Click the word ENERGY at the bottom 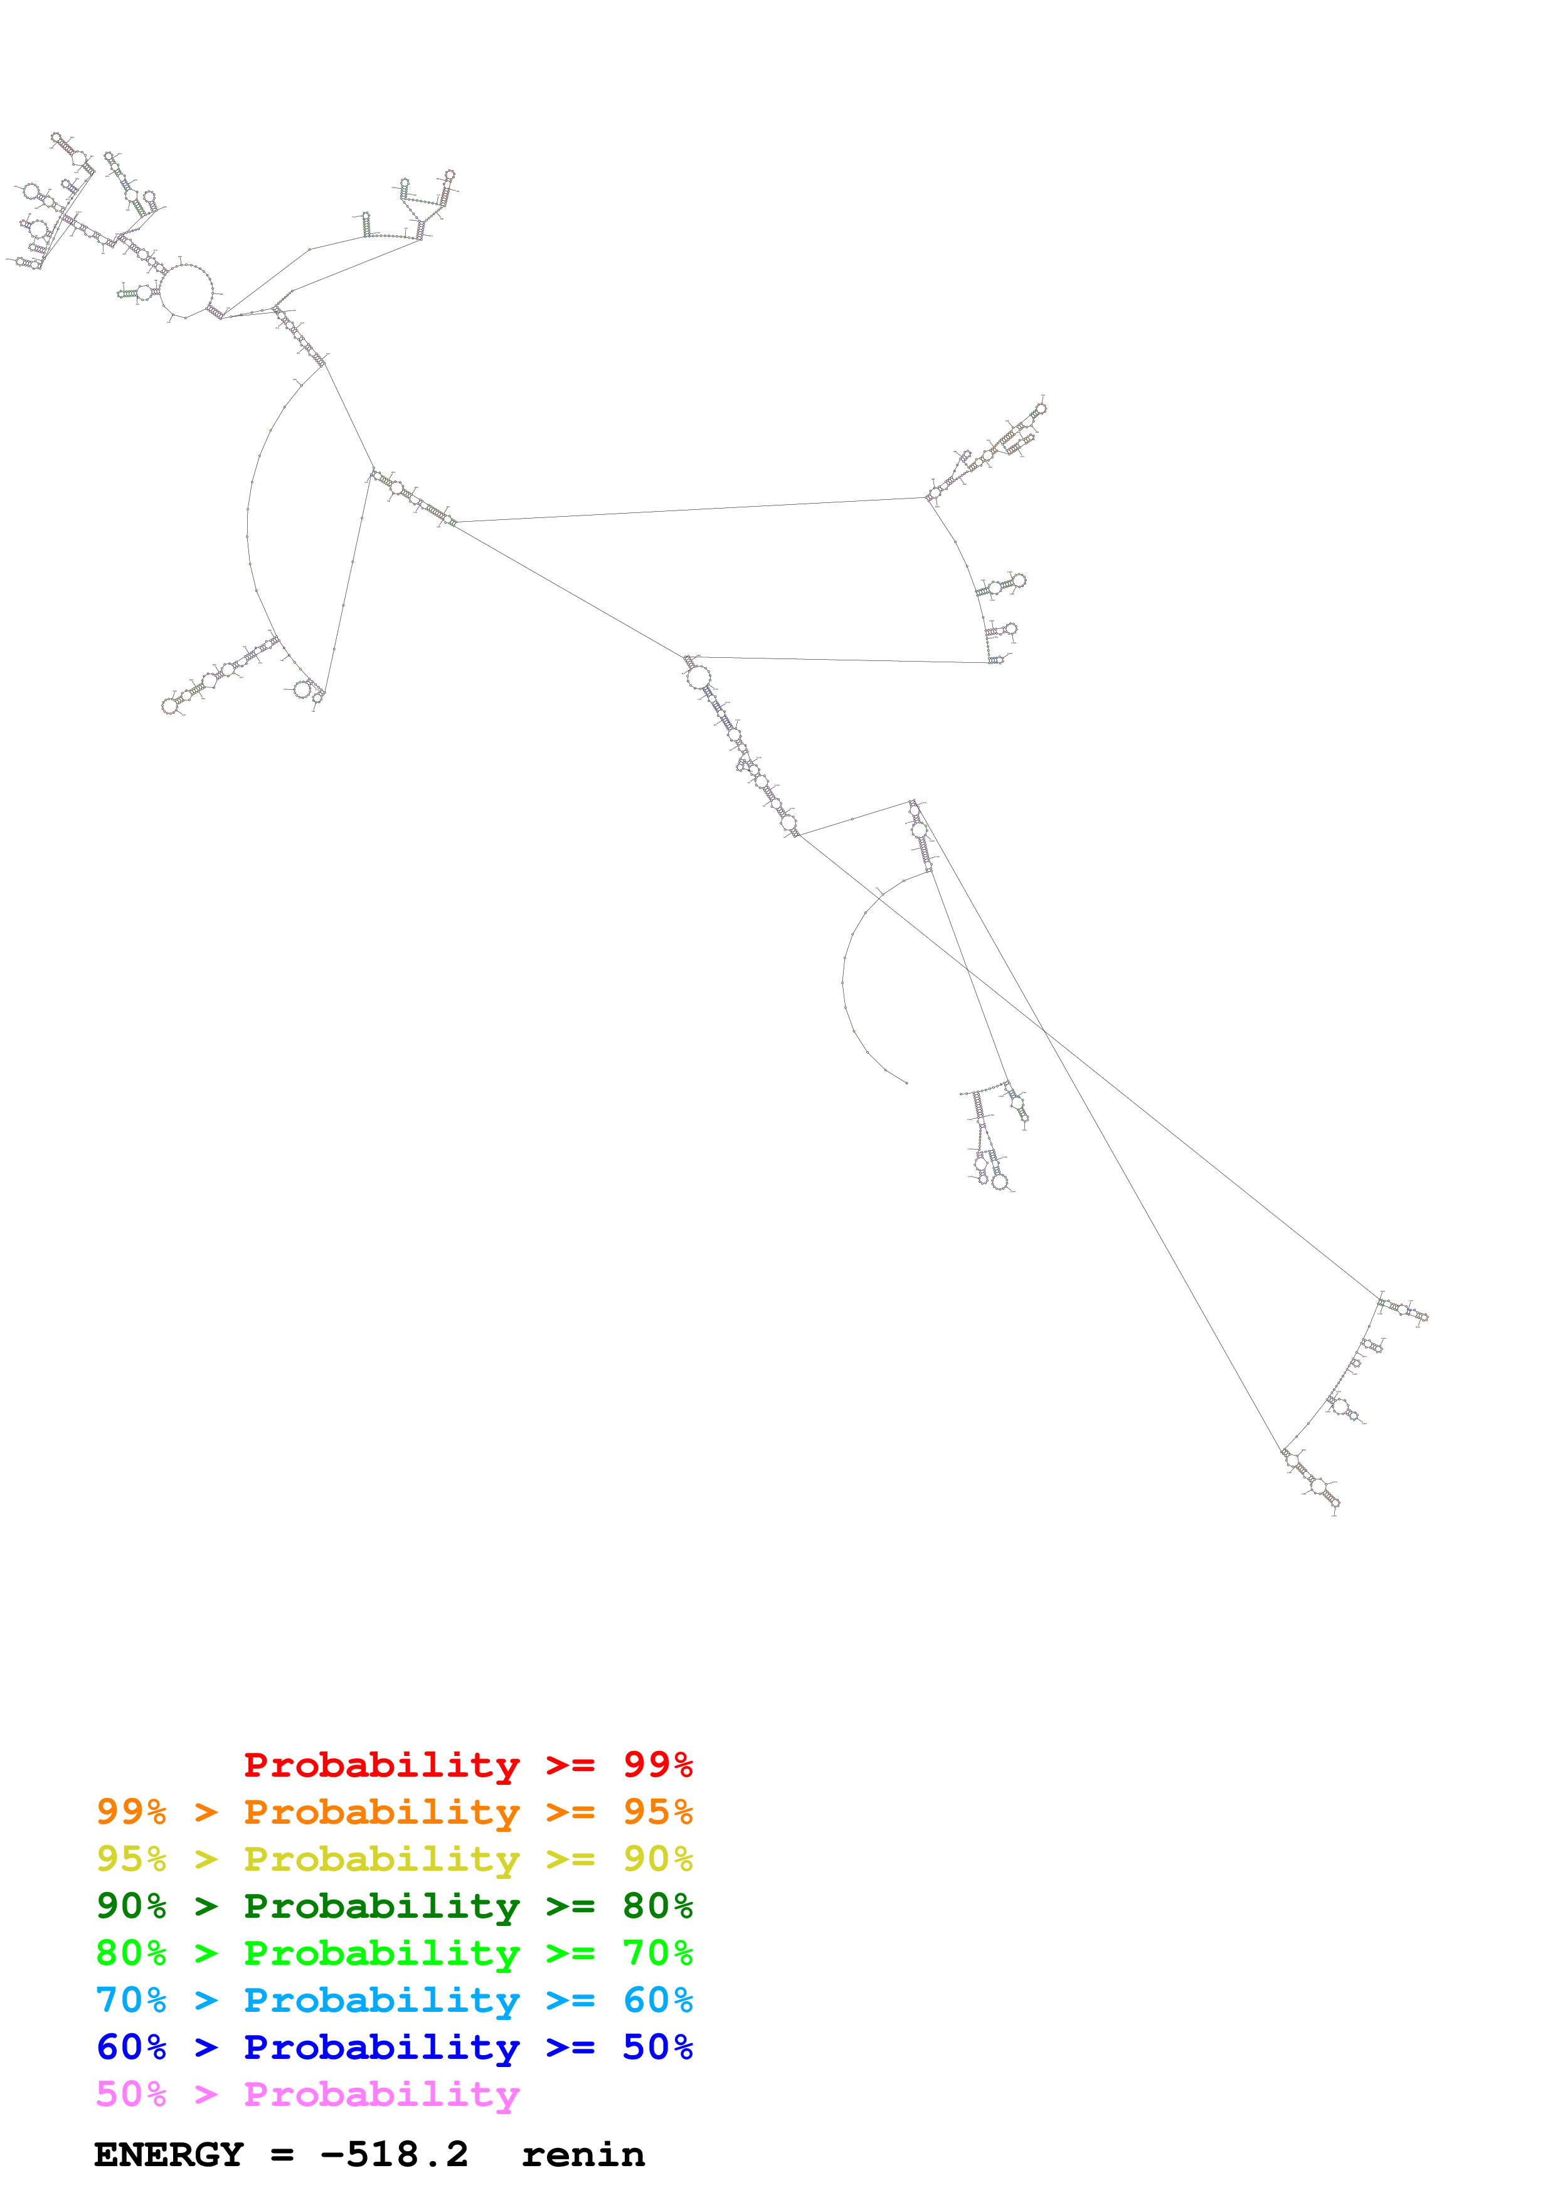[x=169, y=2155]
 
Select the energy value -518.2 [x=394, y=2155]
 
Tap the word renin [x=583, y=2155]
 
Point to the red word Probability [x=381, y=1765]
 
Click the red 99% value [x=657, y=1764]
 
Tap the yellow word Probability [x=381, y=1860]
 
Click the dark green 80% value [x=657, y=1906]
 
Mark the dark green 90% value [x=131, y=1906]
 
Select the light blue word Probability [x=381, y=2001]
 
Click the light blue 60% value [x=657, y=2000]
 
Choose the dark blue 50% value [x=657, y=2047]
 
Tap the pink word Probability [x=381, y=2095]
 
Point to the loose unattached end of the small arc [x=906, y=1082]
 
